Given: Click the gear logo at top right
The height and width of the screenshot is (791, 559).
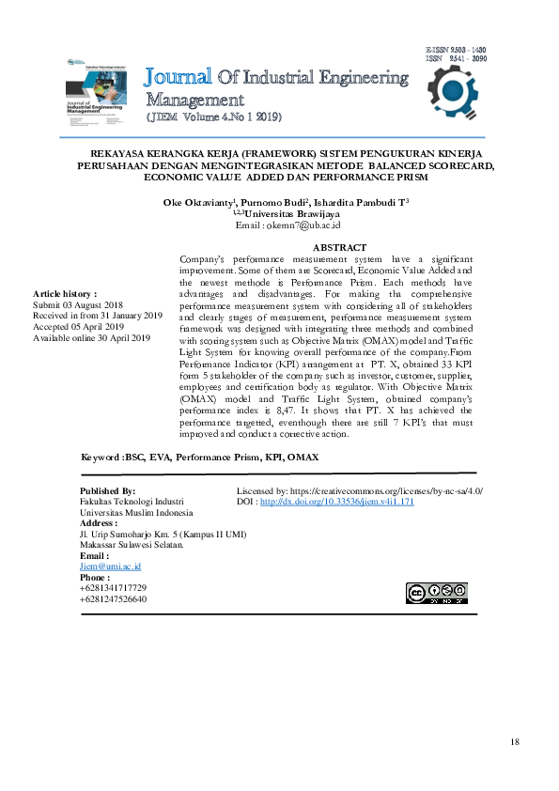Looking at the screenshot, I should (x=457, y=93).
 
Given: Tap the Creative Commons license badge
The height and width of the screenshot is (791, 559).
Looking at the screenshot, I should (x=436, y=593).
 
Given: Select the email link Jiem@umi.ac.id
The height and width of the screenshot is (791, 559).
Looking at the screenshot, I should (x=110, y=566).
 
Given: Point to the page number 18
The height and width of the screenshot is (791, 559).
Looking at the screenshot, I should (x=514, y=742).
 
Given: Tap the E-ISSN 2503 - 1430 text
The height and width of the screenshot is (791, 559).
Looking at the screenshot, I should (x=456, y=48).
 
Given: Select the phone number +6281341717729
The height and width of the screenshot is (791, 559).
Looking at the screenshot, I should (x=113, y=587).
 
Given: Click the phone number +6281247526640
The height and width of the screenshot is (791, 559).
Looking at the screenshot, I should (x=113, y=598).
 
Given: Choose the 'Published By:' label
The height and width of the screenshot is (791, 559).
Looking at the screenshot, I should (x=108, y=491).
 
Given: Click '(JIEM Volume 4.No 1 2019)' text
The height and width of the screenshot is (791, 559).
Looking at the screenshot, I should (x=213, y=117).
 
